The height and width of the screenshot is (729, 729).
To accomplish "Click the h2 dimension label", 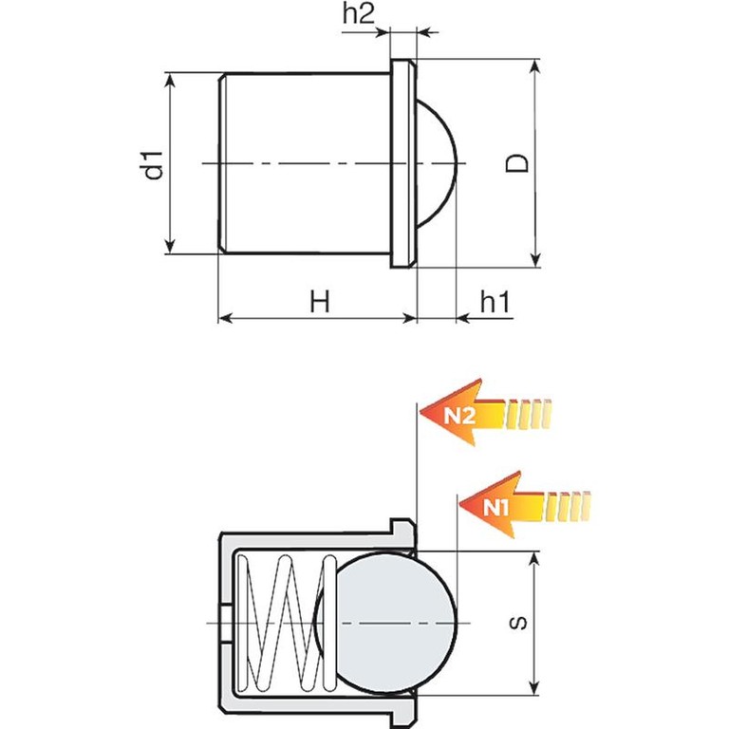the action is coord(358,14).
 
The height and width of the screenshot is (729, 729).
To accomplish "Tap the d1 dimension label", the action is coord(154,165).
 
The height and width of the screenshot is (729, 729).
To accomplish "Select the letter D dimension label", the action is coord(517,162).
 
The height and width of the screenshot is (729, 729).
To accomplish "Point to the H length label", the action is coord(320,301).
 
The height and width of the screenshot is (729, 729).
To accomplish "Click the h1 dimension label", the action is coord(495,302).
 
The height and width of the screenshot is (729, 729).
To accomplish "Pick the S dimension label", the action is coord(518,623).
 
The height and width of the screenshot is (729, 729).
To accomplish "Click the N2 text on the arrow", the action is coord(459,416).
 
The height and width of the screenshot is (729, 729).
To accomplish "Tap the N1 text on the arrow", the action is coord(496,507).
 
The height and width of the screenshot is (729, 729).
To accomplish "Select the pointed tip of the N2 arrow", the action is coord(421,412).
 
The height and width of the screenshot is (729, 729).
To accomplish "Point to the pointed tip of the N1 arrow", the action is coord(459,504).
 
